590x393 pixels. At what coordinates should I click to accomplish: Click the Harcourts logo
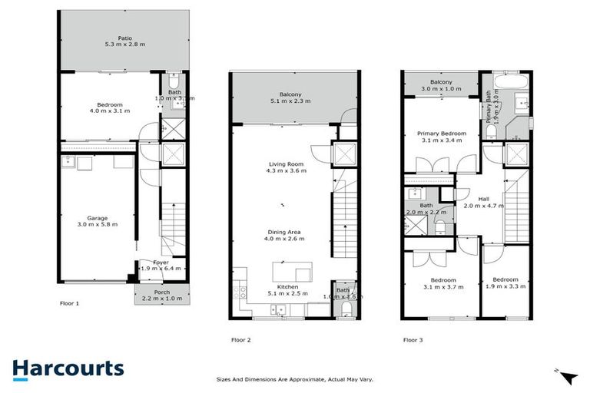(x=68, y=368)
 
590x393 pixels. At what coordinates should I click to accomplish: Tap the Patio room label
(x=124, y=36)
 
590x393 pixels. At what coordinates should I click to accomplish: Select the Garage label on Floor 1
(x=98, y=218)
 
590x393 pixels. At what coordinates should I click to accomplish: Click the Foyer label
(x=161, y=263)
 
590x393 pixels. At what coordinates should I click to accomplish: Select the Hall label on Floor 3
(x=484, y=199)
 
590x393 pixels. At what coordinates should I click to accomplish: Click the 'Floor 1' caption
(x=69, y=303)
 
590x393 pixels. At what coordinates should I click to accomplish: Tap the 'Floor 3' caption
(x=412, y=339)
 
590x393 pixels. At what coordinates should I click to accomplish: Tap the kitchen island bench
(x=293, y=271)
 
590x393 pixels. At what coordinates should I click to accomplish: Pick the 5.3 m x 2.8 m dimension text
(x=124, y=45)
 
